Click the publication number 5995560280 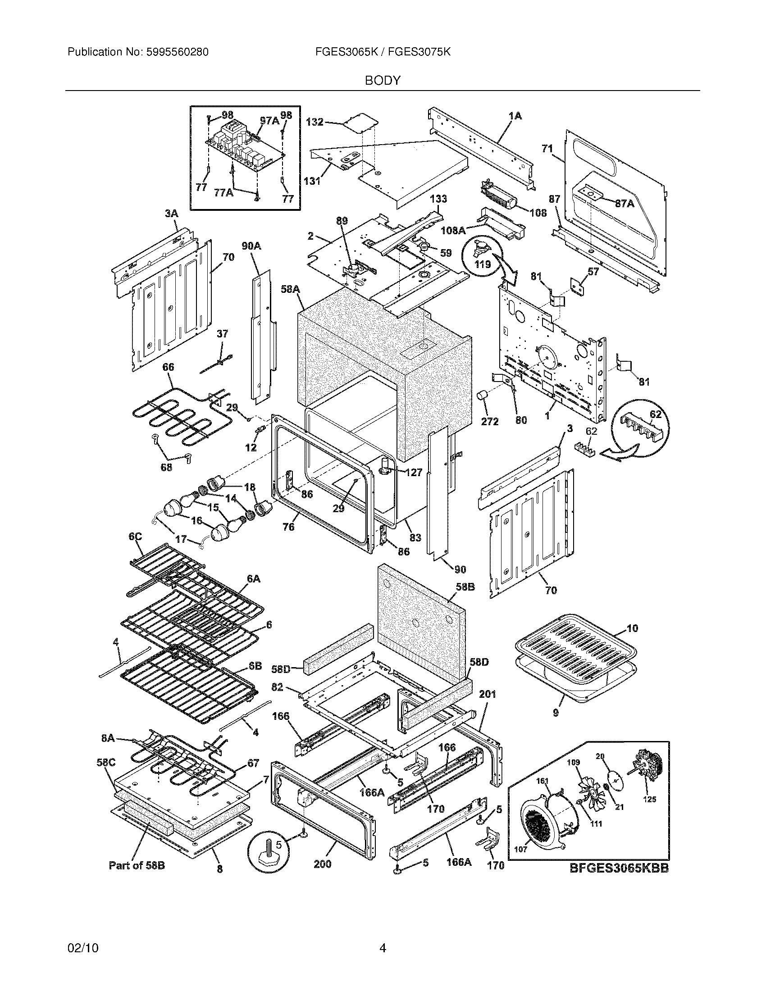pyautogui.click(x=178, y=52)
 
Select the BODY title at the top pyautogui.click(x=383, y=81)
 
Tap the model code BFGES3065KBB pyautogui.click(x=619, y=868)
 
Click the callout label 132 pyautogui.click(x=315, y=122)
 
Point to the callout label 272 pyautogui.click(x=490, y=421)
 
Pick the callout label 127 pyautogui.click(x=414, y=473)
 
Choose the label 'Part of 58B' pyautogui.click(x=137, y=865)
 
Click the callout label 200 pyautogui.click(x=322, y=864)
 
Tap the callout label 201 pyautogui.click(x=487, y=694)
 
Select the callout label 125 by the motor pyautogui.click(x=649, y=799)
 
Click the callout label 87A pyautogui.click(x=625, y=204)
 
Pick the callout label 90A pyautogui.click(x=251, y=246)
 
